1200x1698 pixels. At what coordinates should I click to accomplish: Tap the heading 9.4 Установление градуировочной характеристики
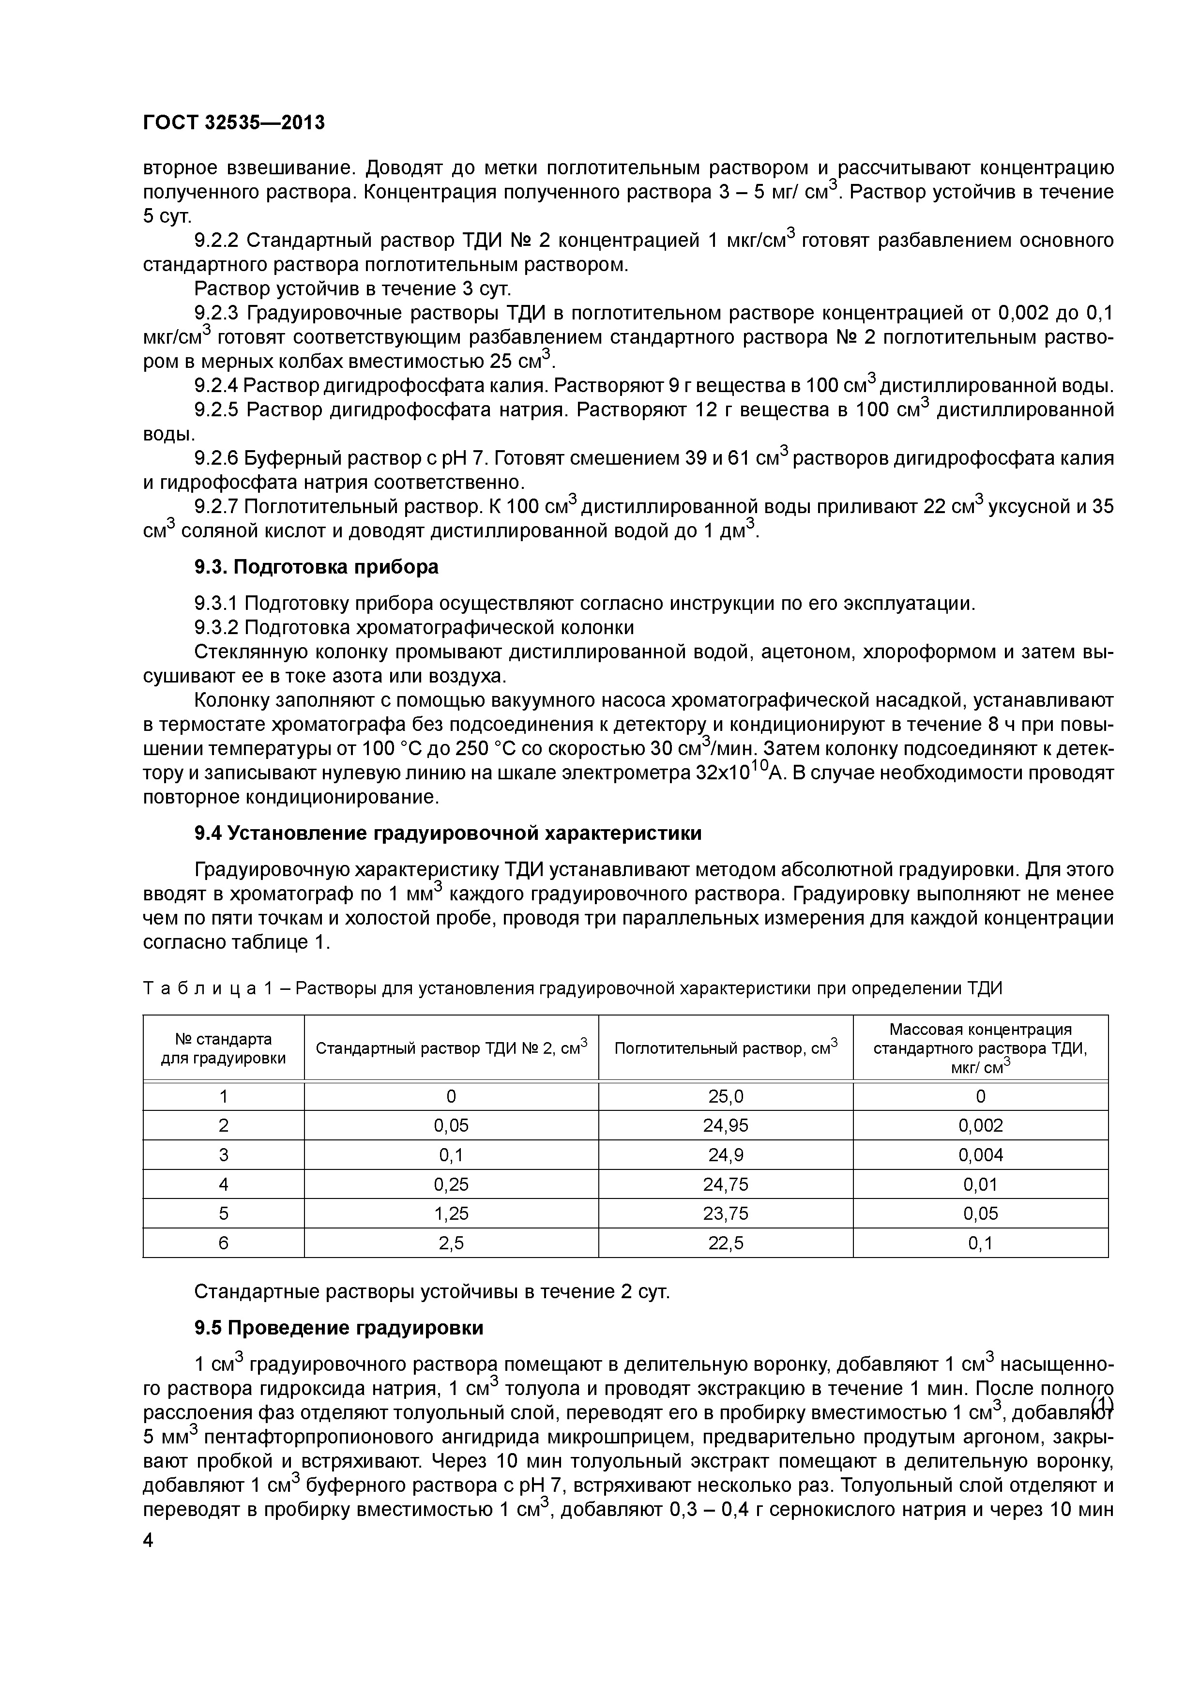pyautogui.click(x=447, y=834)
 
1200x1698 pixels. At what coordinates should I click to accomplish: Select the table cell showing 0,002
pyautogui.click(x=980, y=1125)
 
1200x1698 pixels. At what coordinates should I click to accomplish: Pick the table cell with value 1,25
pyautogui.click(x=451, y=1213)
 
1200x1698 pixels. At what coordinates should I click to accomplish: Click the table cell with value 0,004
pyautogui.click(x=980, y=1155)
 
